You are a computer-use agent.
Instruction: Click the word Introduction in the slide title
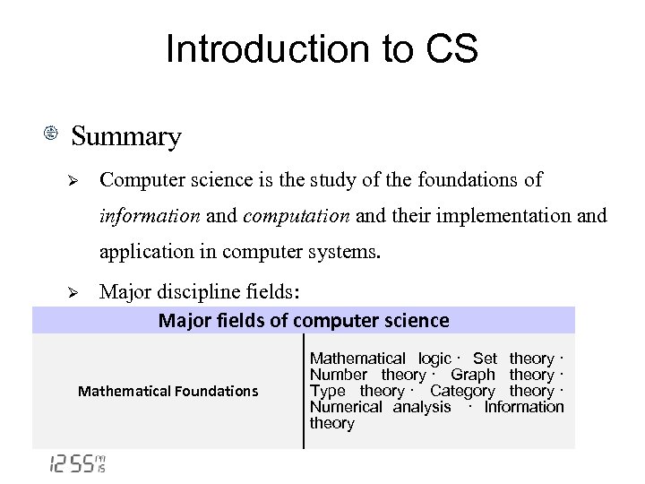[x=253, y=50]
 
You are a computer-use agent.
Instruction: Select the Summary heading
[x=126, y=137]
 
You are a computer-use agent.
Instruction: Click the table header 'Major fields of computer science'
[x=304, y=321]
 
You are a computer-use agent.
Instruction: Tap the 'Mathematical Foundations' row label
[x=168, y=391]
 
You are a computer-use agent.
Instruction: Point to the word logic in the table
[x=434, y=359]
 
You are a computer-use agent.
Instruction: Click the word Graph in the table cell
[x=472, y=375]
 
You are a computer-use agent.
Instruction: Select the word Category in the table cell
[x=461, y=391]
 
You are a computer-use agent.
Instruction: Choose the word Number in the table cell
[x=338, y=375]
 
